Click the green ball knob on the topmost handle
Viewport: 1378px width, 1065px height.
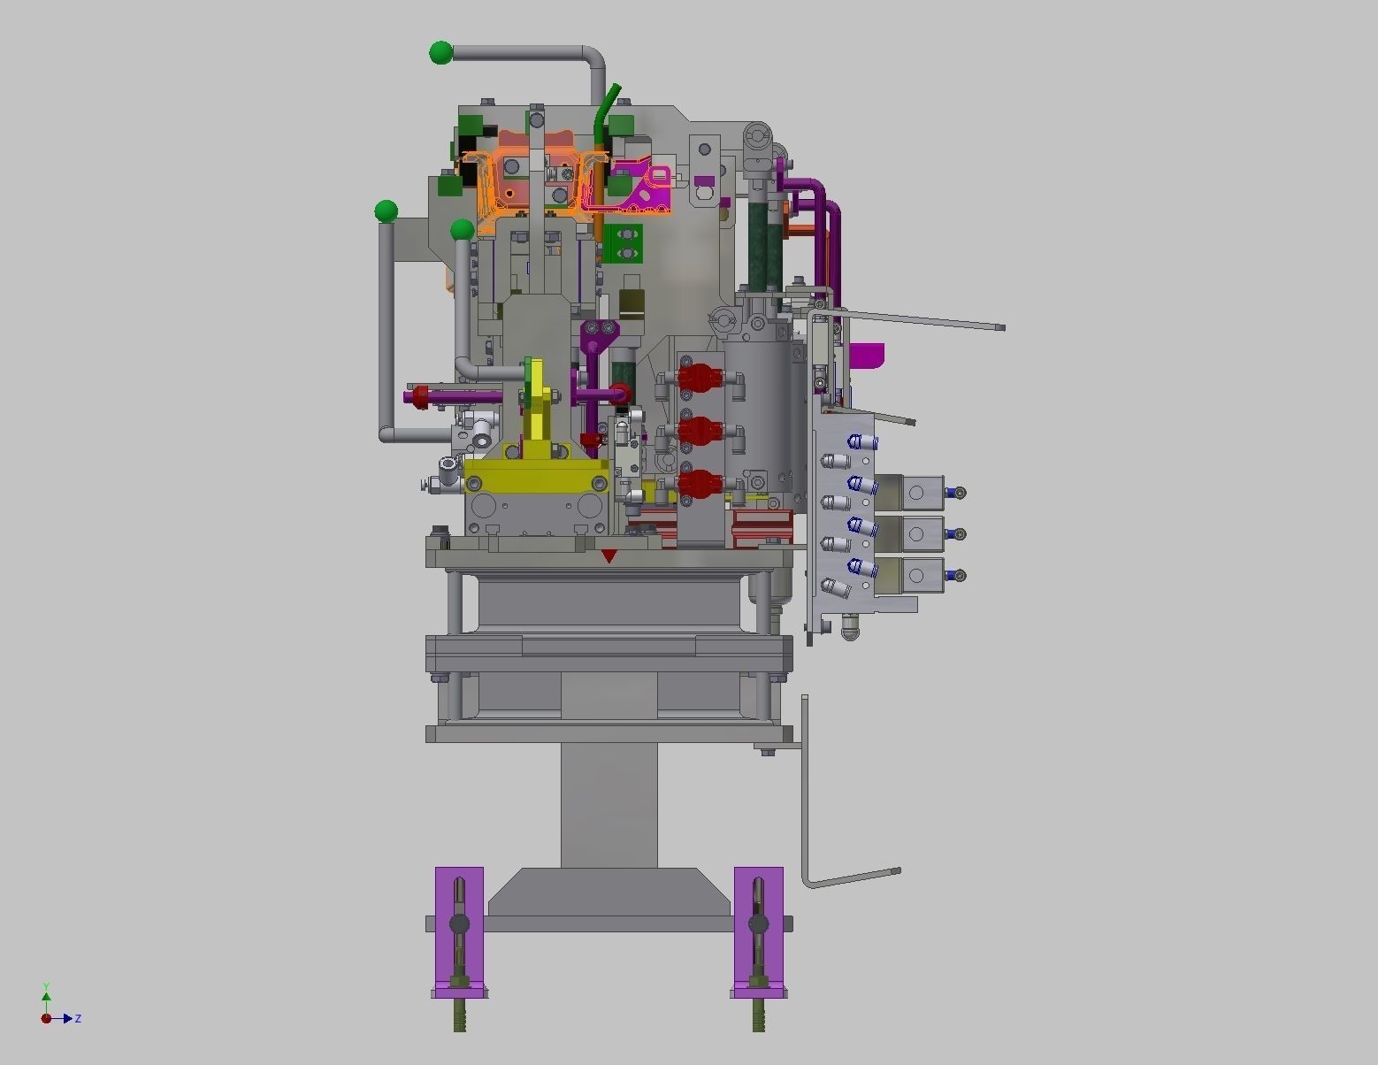pos(440,53)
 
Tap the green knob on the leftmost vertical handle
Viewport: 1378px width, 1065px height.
pos(386,211)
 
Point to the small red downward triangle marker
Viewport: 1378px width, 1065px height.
pos(609,555)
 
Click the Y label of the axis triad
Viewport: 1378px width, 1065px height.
pos(46,986)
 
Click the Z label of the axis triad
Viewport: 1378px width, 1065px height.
pos(78,1019)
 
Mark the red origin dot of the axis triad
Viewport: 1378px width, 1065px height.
pos(46,1018)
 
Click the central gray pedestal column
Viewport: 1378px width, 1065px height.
pos(609,805)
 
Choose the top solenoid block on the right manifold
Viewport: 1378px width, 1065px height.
pos(920,493)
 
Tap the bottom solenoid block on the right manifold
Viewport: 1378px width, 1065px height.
pos(920,576)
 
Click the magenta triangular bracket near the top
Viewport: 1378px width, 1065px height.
pos(646,188)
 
